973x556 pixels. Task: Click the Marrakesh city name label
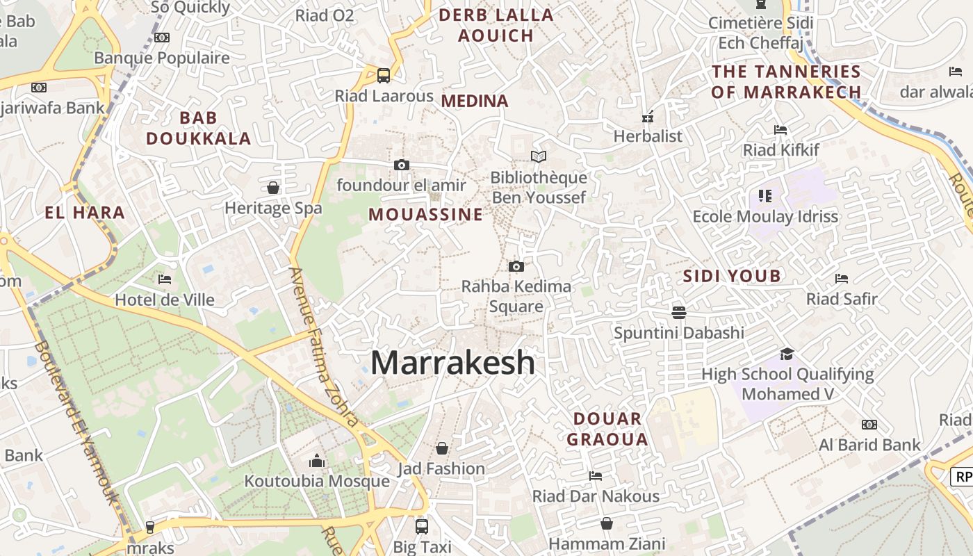(x=452, y=363)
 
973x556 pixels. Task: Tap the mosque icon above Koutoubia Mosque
(x=317, y=461)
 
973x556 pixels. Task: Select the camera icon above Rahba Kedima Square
(x=516, y=266)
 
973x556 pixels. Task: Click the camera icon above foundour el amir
(x=401, y=165)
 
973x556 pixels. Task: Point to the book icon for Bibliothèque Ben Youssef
(x=539, y=156)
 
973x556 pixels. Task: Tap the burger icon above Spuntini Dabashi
(x=679, y=312)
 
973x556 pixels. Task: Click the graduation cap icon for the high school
(x=787, y=354)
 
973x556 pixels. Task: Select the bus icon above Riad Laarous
(x=383, y=75)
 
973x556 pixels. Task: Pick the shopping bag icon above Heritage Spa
(x=273, y=188)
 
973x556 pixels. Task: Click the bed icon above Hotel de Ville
(x=165, y=279)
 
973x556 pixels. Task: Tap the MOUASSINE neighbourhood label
(x=425, y=214)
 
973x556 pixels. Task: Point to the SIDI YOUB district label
(x=732, y=276)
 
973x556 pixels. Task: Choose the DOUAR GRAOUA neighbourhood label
(x=607, y=429)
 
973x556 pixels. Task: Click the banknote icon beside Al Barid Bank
(x=869, y=425)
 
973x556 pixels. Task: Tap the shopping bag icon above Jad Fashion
(x=441, y=448)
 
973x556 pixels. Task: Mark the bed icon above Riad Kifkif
(x=780, y=129)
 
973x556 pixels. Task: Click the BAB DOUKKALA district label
(x=198, y=128)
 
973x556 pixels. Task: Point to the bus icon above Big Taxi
(x=421, y=526)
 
